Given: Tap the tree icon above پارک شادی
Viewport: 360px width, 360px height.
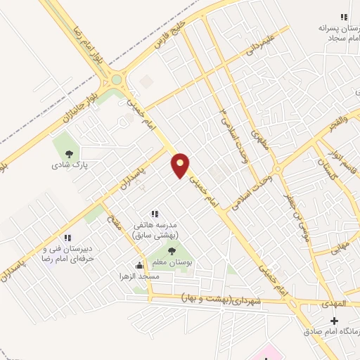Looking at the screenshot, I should pos(69,155).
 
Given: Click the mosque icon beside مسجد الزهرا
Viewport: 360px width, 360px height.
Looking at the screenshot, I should pos(139,265).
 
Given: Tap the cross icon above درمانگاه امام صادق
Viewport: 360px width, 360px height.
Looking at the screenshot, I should pos(334,321).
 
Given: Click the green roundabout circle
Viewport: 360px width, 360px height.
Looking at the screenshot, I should pos(116,79).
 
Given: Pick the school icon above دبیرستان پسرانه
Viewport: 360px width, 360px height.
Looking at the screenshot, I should pos(343,16).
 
